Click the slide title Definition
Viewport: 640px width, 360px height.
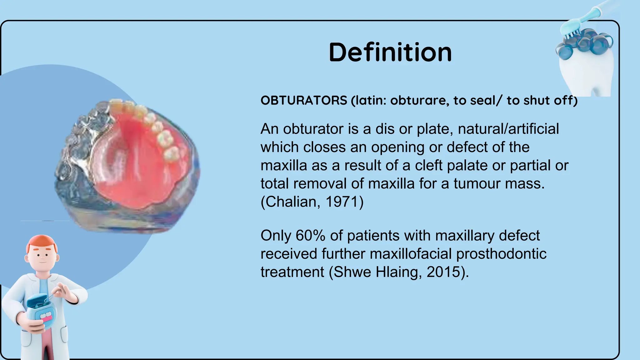[x=390, y=52]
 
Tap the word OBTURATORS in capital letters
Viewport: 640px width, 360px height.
[x=304, y=101]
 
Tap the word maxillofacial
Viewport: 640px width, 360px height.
[x=411, y=254]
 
